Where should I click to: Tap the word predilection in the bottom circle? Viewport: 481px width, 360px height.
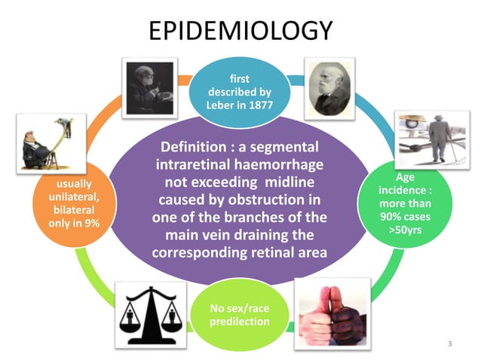point(239,322)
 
